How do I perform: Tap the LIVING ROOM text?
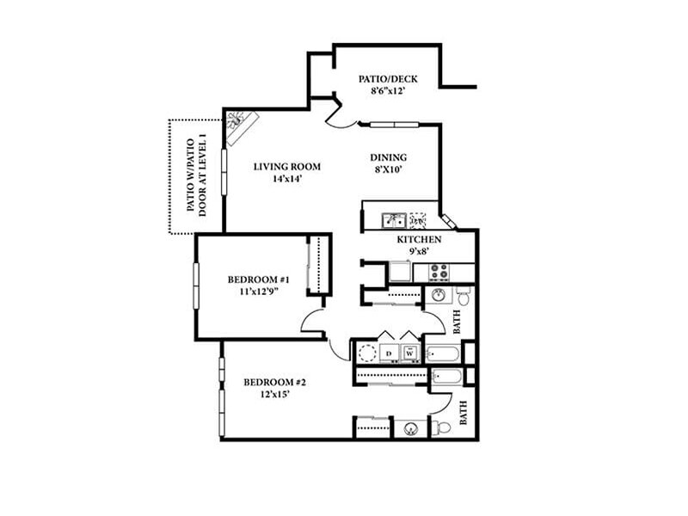click(286, 167)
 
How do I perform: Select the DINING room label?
click(388, 157)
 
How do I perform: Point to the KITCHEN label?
click(419, 239)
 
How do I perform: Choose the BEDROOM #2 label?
click(274, 383)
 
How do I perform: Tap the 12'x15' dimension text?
click(274, 396)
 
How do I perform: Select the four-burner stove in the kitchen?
click(438, 273)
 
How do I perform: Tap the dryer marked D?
click(389, 352)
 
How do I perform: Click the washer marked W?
click(410, 352)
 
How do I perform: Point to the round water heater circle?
click(367, 352)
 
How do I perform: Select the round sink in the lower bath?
click(410, 427)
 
